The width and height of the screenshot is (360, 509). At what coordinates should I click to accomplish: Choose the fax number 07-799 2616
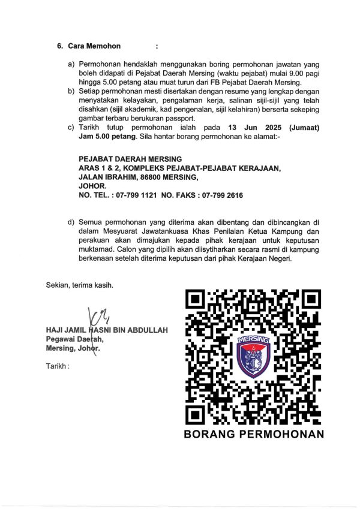pyautogui.click(x=220, y=195)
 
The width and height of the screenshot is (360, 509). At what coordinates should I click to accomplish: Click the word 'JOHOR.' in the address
pyautogui.click(x=91, y=186)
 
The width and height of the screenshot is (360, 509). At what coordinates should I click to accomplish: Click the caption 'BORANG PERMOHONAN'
pyautogui.click(x=254, y=433)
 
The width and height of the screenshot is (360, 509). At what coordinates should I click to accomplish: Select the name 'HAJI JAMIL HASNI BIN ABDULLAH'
pyautogui.click(x=107, y=330)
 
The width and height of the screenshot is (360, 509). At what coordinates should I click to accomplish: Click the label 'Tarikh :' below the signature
pyautogui.click(x=58, y=365)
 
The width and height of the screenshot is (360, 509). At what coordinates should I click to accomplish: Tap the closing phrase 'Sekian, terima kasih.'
pyautogui.click(x=79, y=285)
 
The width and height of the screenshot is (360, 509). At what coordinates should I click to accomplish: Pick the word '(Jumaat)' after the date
pyautogui.click(x=306, y=128)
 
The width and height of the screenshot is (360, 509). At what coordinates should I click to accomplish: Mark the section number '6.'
pyautogui.click(x=60, y=46)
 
